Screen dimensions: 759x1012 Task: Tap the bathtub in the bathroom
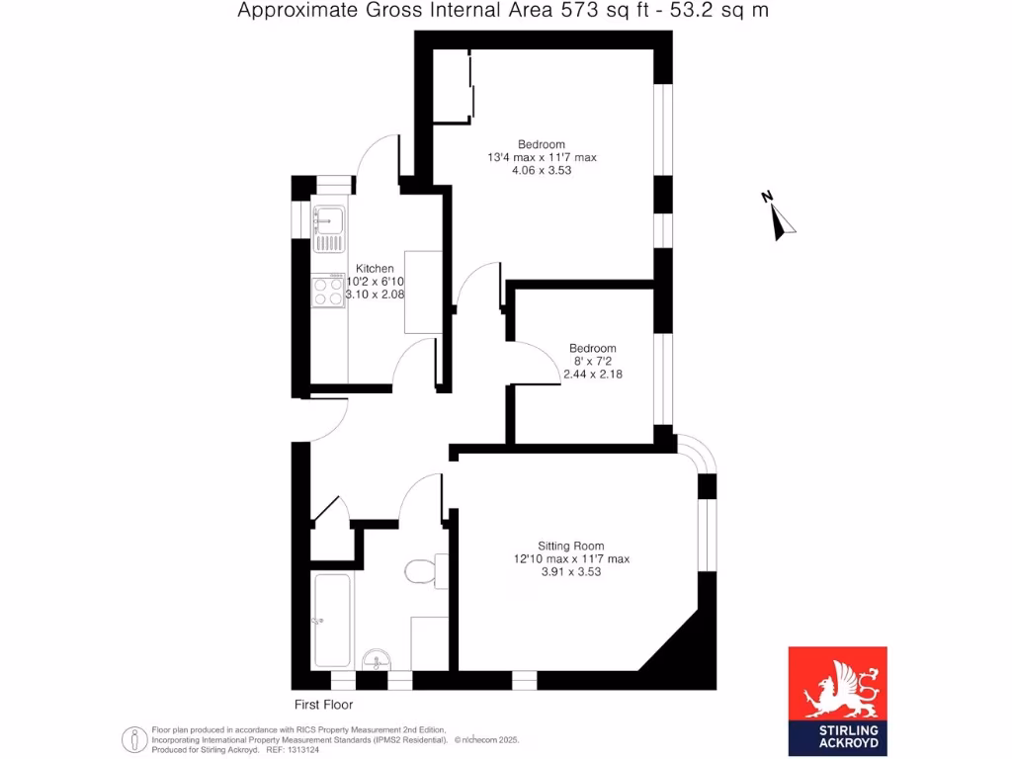(330, 621)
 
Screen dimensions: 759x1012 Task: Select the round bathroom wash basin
(376, 659)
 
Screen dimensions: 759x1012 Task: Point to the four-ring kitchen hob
(327, 291)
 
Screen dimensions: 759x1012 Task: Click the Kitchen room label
(375, 269)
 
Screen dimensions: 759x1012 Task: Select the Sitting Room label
(570, 546)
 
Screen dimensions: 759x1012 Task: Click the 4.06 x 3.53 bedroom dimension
(542, 170)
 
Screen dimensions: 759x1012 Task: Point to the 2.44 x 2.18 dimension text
(592, 375)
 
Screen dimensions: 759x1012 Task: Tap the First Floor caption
(323, 705)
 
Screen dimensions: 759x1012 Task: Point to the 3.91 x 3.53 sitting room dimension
(570, 571)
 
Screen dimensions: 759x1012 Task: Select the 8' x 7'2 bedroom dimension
(592, 362)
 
